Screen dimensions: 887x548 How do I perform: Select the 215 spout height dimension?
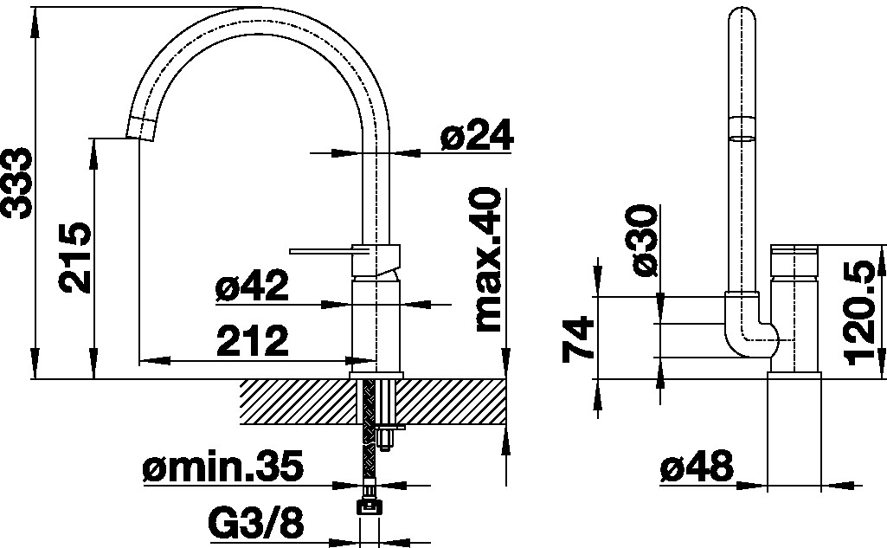click(x=76, y=258)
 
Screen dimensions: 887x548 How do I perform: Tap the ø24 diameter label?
click(x=476, y=134)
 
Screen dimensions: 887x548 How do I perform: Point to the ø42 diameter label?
click(x=252, y=286)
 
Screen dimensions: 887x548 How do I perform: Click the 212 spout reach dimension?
click(x=253, y=341)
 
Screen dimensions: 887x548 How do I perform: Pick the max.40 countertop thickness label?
click(x=487, y=259)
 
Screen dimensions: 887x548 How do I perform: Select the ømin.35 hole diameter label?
click(x=222, y=466)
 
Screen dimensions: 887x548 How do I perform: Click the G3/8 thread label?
click(x=256, y=523)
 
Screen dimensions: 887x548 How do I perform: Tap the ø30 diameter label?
click(x=645, y=241)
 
